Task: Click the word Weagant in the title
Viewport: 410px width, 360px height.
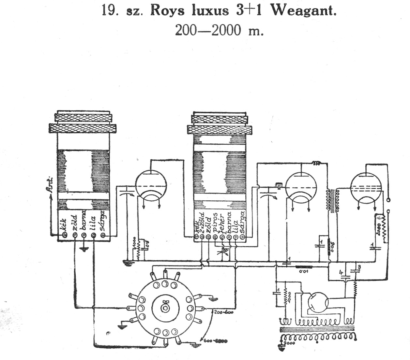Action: (x=303, y=10)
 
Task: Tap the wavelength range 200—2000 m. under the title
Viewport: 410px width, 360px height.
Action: (x=219, y=30)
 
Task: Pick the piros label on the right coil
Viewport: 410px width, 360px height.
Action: (x=215, y=222)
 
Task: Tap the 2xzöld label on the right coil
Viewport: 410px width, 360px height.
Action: (x=202, y=222)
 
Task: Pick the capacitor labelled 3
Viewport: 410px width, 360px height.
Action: (x=355, y=270)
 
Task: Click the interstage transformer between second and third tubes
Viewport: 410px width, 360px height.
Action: (x=332, y=201)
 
